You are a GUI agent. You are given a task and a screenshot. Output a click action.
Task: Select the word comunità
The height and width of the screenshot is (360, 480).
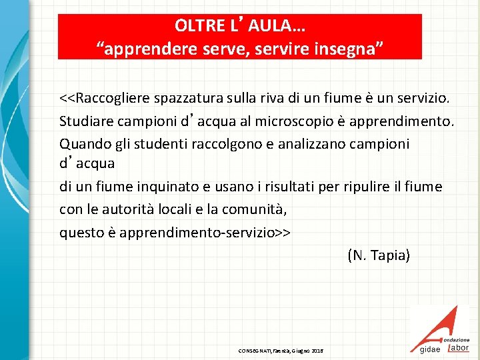click(x=256, y=209)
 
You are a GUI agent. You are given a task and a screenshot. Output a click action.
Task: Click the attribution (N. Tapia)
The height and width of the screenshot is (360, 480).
click(x=379, y=255)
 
